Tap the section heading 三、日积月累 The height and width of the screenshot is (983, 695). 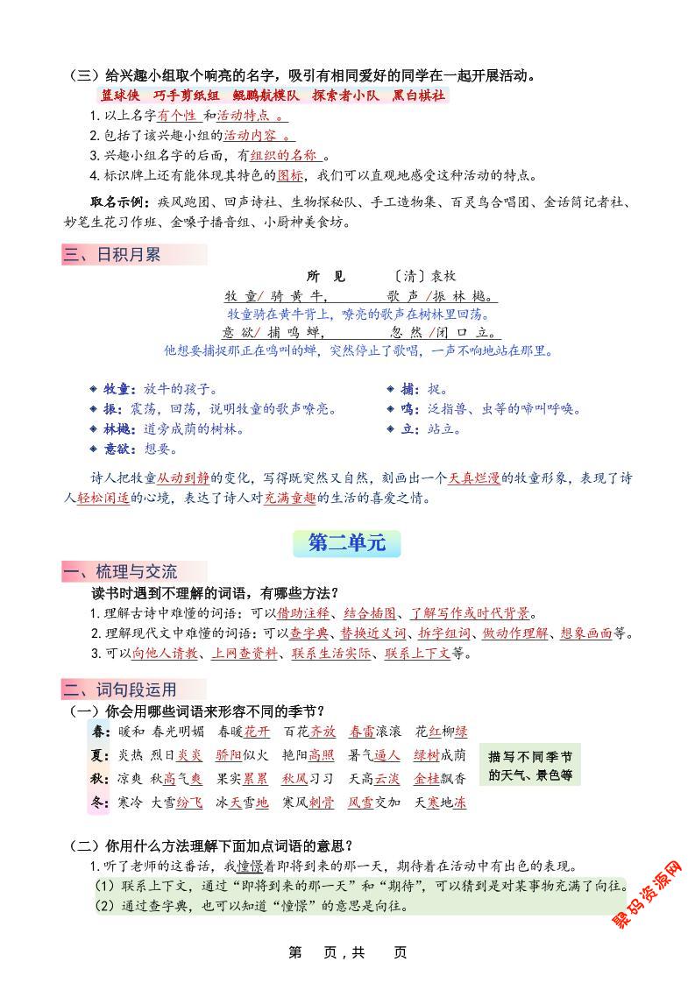[111, 255]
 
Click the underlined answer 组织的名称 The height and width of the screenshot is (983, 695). [284, 155]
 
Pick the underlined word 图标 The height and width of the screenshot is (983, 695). [291, 175]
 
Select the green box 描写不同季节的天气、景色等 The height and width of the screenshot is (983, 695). [530, 765]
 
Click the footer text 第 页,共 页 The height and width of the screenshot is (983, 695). [347, 952]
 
